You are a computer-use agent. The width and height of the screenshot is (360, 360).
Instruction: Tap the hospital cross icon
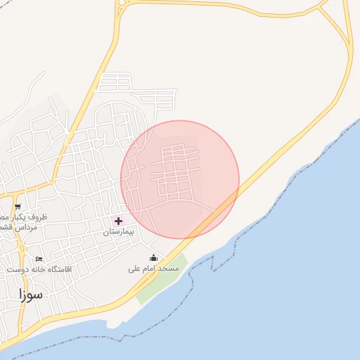118,221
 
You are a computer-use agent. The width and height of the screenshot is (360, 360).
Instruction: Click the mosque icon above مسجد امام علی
153,258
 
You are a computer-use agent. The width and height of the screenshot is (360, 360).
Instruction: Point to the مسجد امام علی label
153,269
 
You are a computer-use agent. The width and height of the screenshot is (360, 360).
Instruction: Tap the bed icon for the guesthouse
39,259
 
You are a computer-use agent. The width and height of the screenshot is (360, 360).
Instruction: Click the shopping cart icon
18,207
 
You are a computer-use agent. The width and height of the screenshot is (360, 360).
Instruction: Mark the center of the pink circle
180,179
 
